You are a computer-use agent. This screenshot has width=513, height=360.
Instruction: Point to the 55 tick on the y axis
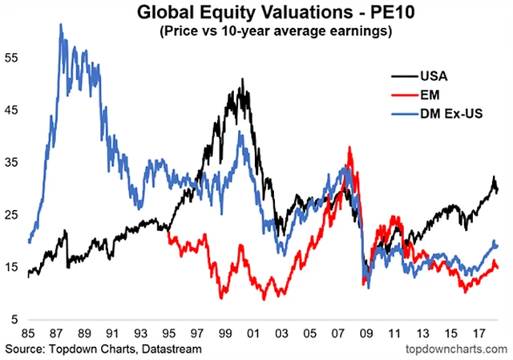(12, 59)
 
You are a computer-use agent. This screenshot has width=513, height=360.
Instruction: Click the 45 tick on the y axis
(12, 111)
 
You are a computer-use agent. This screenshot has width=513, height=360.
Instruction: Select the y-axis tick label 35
(12, 163)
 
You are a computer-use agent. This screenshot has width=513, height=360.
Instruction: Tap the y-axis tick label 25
(12, 215)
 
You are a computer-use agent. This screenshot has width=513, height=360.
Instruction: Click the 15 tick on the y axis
(12, 267)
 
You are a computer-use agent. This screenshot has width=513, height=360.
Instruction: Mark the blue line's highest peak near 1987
(61, 25)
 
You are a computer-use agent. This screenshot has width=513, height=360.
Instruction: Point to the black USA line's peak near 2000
(241, 79)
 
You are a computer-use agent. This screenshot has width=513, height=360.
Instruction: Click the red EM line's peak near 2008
(349, 148)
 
